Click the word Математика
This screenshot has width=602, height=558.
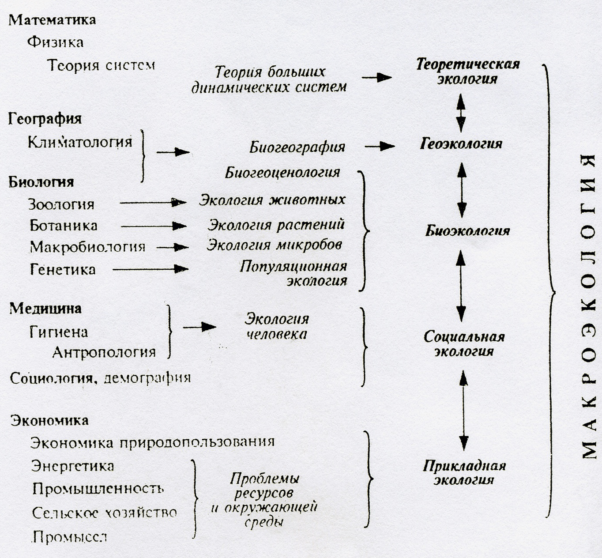[x=52, y=20]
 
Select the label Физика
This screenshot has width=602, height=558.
[x=55, y=42]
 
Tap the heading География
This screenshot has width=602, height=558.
[x=45, y=119]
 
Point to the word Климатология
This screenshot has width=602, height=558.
[x=80, y=142]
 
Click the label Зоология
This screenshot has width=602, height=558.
[x=61, y=204]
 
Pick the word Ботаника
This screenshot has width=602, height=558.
[x=64, y=226]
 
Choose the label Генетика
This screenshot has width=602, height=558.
[x=63, y=269]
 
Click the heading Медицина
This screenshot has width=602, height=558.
[x=45, y=308]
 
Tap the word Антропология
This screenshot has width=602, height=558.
[x=104, y=352]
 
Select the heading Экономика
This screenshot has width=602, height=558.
[x=49, y=420]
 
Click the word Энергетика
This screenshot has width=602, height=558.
[x=73, y=466]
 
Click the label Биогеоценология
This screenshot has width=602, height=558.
[x=283, y=172]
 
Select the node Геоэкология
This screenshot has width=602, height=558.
[x=461, y=144]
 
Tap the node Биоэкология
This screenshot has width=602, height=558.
[x=467, y=231]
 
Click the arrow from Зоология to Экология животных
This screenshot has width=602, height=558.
[x=153, y=203]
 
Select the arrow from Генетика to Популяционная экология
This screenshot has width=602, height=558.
[x=150, y=269]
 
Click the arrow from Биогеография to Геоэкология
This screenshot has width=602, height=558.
[x=380, y=146]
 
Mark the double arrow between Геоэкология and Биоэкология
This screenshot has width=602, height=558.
[x=462, y=190]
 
